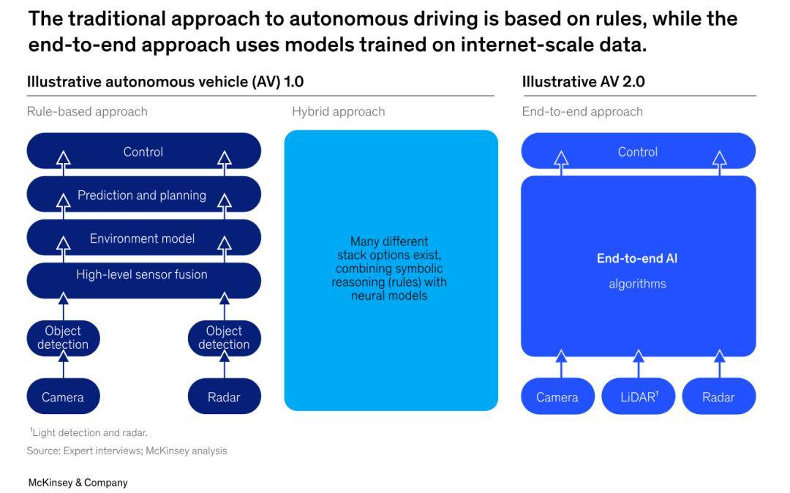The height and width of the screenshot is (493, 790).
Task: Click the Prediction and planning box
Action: (143, 195)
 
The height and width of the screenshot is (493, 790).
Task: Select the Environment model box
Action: (143, 238)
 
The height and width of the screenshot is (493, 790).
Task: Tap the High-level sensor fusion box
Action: (143, 280)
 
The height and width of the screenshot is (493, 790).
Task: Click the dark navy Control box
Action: (143, 151)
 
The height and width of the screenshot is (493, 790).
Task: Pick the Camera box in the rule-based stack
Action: (63, 396)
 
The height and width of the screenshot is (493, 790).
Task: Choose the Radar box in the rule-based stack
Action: (225, 396)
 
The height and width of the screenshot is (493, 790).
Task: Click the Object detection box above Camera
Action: (63, 338)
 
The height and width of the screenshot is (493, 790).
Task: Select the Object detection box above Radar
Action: (225, 338)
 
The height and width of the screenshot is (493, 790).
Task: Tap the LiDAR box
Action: (638, 396)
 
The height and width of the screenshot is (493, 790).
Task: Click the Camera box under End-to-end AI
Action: (557, 396)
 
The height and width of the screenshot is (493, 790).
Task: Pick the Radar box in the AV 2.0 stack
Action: (718, 396)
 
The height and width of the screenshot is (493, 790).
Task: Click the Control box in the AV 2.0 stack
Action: (638, 151)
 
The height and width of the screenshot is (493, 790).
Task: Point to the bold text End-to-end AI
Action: (637, 258)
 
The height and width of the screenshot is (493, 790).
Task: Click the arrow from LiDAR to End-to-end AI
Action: (639, 364)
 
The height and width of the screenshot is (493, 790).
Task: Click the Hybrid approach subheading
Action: (338, 111)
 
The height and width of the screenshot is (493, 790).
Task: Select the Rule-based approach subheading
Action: (87, 111)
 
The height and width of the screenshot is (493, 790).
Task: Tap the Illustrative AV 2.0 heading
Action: (584, 82)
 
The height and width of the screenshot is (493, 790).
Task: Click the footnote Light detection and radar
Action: (89, 432)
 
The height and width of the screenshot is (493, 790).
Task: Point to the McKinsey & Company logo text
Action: (78, 483)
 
